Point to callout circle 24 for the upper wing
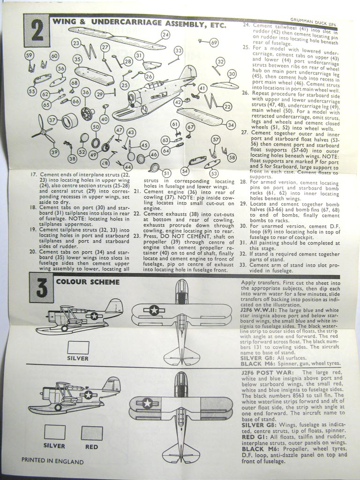click(x=165, y=35)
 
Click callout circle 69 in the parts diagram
click(x=214, y=43)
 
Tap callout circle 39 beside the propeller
click(x=54, y=152)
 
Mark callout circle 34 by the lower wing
click(x=230, y=125)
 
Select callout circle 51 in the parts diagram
click(x=166, y=173)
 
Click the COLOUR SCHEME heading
click(x=88, y=282)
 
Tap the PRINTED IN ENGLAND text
click(x=52, y=460)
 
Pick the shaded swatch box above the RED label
click(x=91, y=433)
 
